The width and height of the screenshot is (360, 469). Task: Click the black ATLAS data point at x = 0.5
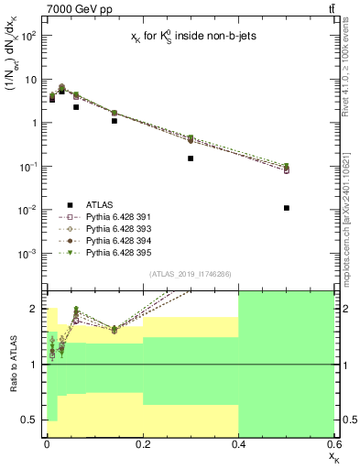click(x=287, y=208)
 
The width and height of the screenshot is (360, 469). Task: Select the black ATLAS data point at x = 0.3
click(x=191, y=158)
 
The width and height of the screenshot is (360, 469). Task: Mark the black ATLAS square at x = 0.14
click(x=114, y=121)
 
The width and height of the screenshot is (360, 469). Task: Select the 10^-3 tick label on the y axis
click(x=28, y=254)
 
